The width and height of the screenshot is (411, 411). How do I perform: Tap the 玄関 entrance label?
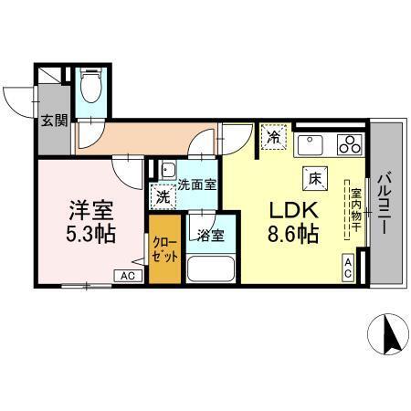coord(54,120)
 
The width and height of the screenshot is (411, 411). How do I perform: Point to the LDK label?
coord(291,207)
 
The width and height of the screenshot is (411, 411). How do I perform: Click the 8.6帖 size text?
coord(292,234)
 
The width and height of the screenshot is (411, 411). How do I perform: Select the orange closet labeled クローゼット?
coord(165,248)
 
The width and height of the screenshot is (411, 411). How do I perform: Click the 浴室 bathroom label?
coord(210,235)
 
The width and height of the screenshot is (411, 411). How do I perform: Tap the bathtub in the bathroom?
coord(210,271)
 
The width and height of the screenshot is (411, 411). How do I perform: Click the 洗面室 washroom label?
coord(196,184)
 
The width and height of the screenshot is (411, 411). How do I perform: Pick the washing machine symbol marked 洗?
coord(162,195)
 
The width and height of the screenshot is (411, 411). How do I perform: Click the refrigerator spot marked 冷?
coord(274,138)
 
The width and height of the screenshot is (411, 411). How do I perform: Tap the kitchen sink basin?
coord(309,143)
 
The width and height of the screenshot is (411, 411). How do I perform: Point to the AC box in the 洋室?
coord(127,275)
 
